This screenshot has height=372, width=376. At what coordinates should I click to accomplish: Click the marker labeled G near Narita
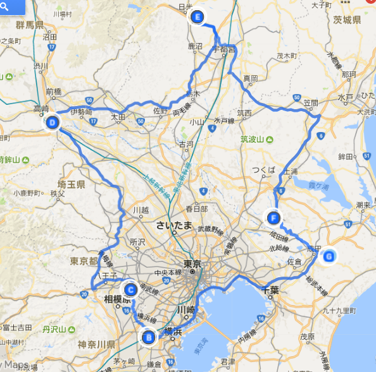pyautogui.click(x=329, y=256)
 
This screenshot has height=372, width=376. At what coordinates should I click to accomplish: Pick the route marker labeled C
pyautogui.click(x=130, y=290)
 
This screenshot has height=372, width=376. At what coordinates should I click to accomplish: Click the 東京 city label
pyautogui.click(x=191, y=264)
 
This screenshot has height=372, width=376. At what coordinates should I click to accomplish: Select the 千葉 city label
pyautogui.click(x=270, y=290)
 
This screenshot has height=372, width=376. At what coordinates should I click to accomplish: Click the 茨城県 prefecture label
pyautogui.click(x=348, y=20)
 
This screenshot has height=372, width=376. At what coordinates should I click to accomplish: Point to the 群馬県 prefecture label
pyautogui.click(x=29, y=25)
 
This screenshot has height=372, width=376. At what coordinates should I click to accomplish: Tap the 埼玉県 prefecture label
pyautogui.click(x=71, y=184)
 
